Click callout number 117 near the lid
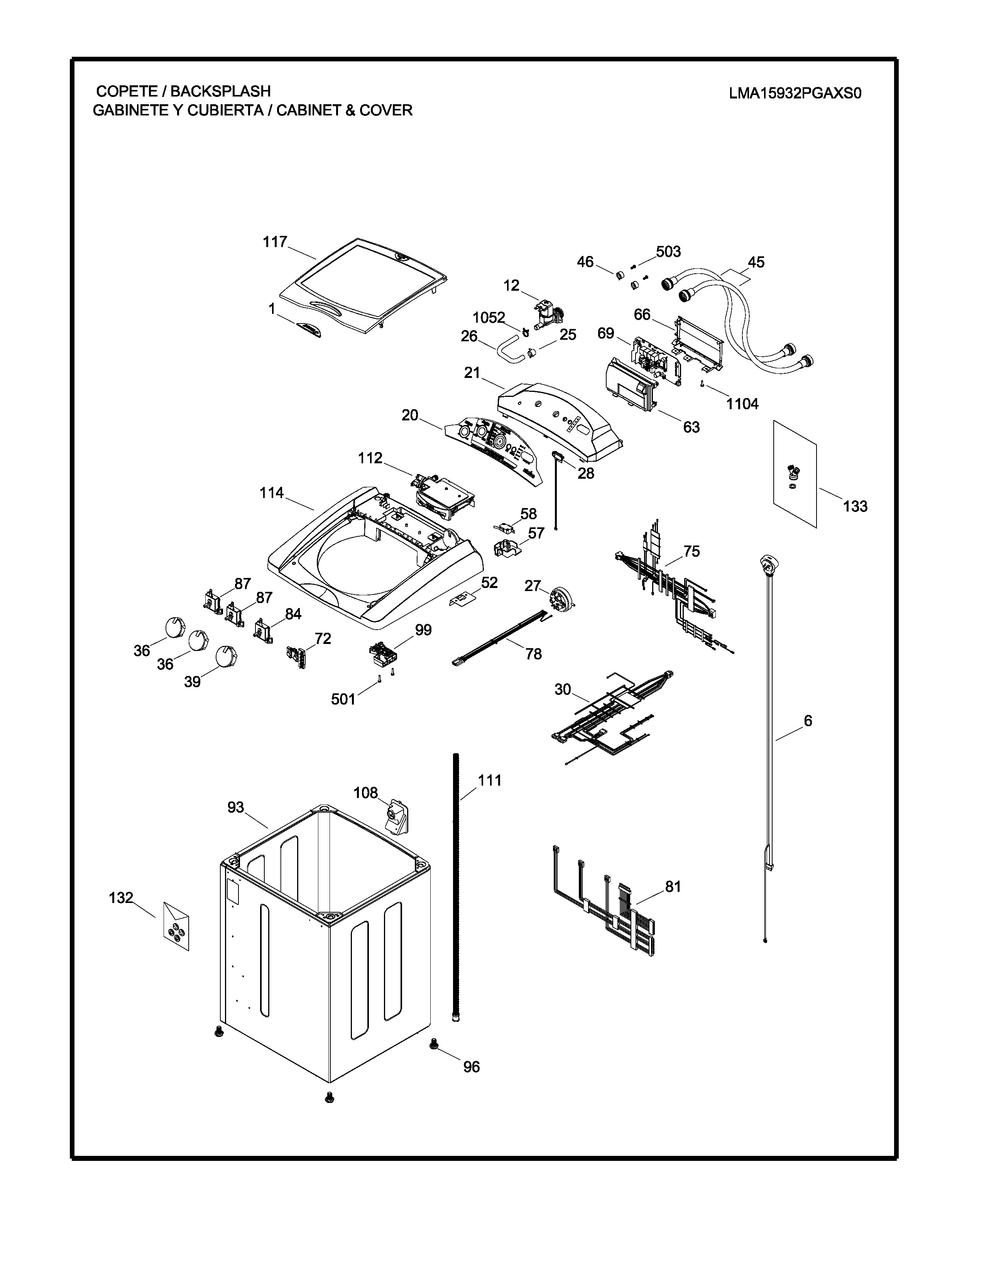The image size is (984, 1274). pos(275,242)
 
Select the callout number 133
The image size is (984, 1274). pos(855,507)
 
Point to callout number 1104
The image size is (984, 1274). pos(742,404)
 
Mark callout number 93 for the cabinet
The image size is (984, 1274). pos(235,807)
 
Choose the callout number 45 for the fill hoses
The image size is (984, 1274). pos(756,263)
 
